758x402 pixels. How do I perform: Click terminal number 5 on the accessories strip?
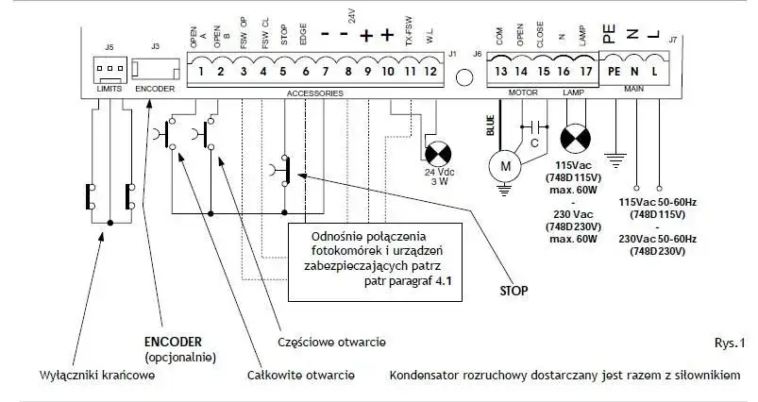pos(283,72)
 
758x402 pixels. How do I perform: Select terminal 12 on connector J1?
pos(430,72)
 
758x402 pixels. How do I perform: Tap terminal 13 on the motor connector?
pos(501,72)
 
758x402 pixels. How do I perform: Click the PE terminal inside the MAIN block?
pos(614,72)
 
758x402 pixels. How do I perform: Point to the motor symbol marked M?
pos(505,166)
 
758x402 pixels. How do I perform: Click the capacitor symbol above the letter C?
pos(534,127)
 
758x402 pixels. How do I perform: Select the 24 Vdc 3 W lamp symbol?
pos(438,154)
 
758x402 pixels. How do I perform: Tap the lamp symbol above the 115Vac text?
pos(575,139)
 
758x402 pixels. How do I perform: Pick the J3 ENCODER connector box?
pos(156,71)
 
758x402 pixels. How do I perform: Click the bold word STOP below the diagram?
pos(514,291)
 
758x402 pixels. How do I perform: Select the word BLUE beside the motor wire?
pos(490,126)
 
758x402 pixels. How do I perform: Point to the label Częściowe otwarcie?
pos(331,343)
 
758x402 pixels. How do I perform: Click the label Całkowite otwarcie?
pos(301,376)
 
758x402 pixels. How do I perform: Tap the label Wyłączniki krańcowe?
pos(97,376)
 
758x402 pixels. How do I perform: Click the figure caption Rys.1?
pos(730,343)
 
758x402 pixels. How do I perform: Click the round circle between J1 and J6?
pos(464,77)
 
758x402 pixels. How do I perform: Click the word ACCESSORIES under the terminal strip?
pos(315,93)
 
